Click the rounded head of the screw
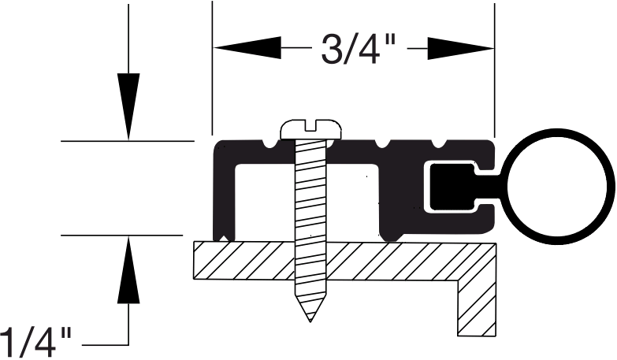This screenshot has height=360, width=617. pyautogui.click(x=314, y=128)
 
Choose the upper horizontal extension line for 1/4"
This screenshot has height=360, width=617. pyautogui.click(x=126, y=142)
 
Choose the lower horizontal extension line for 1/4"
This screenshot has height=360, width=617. pyautogui.click(x=126, y=235)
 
